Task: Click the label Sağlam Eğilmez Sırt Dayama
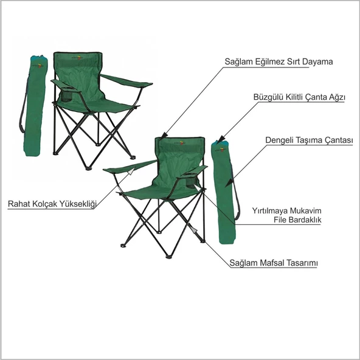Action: pos(279,61)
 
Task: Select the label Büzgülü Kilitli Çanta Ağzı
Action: pos(299,97)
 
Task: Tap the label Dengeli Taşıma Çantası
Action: pos(309,140)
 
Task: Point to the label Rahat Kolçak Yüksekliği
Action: pos(52,204)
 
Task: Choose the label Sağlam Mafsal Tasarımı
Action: pos(274,263)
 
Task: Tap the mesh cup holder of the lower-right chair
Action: pos(190,181)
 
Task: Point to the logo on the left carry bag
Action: pos(40,66)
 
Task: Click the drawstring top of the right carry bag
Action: pos(220,142)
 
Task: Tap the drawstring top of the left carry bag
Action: pos(40,58)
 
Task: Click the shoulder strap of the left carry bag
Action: pos(24,106)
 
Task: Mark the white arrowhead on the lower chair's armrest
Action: pos(131,171)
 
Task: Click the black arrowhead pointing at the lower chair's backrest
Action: pos(164,136)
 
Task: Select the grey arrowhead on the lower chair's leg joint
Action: pos(194,230)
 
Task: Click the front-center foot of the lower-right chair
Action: pos(169,257)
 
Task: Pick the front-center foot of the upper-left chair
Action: pos(88,168)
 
